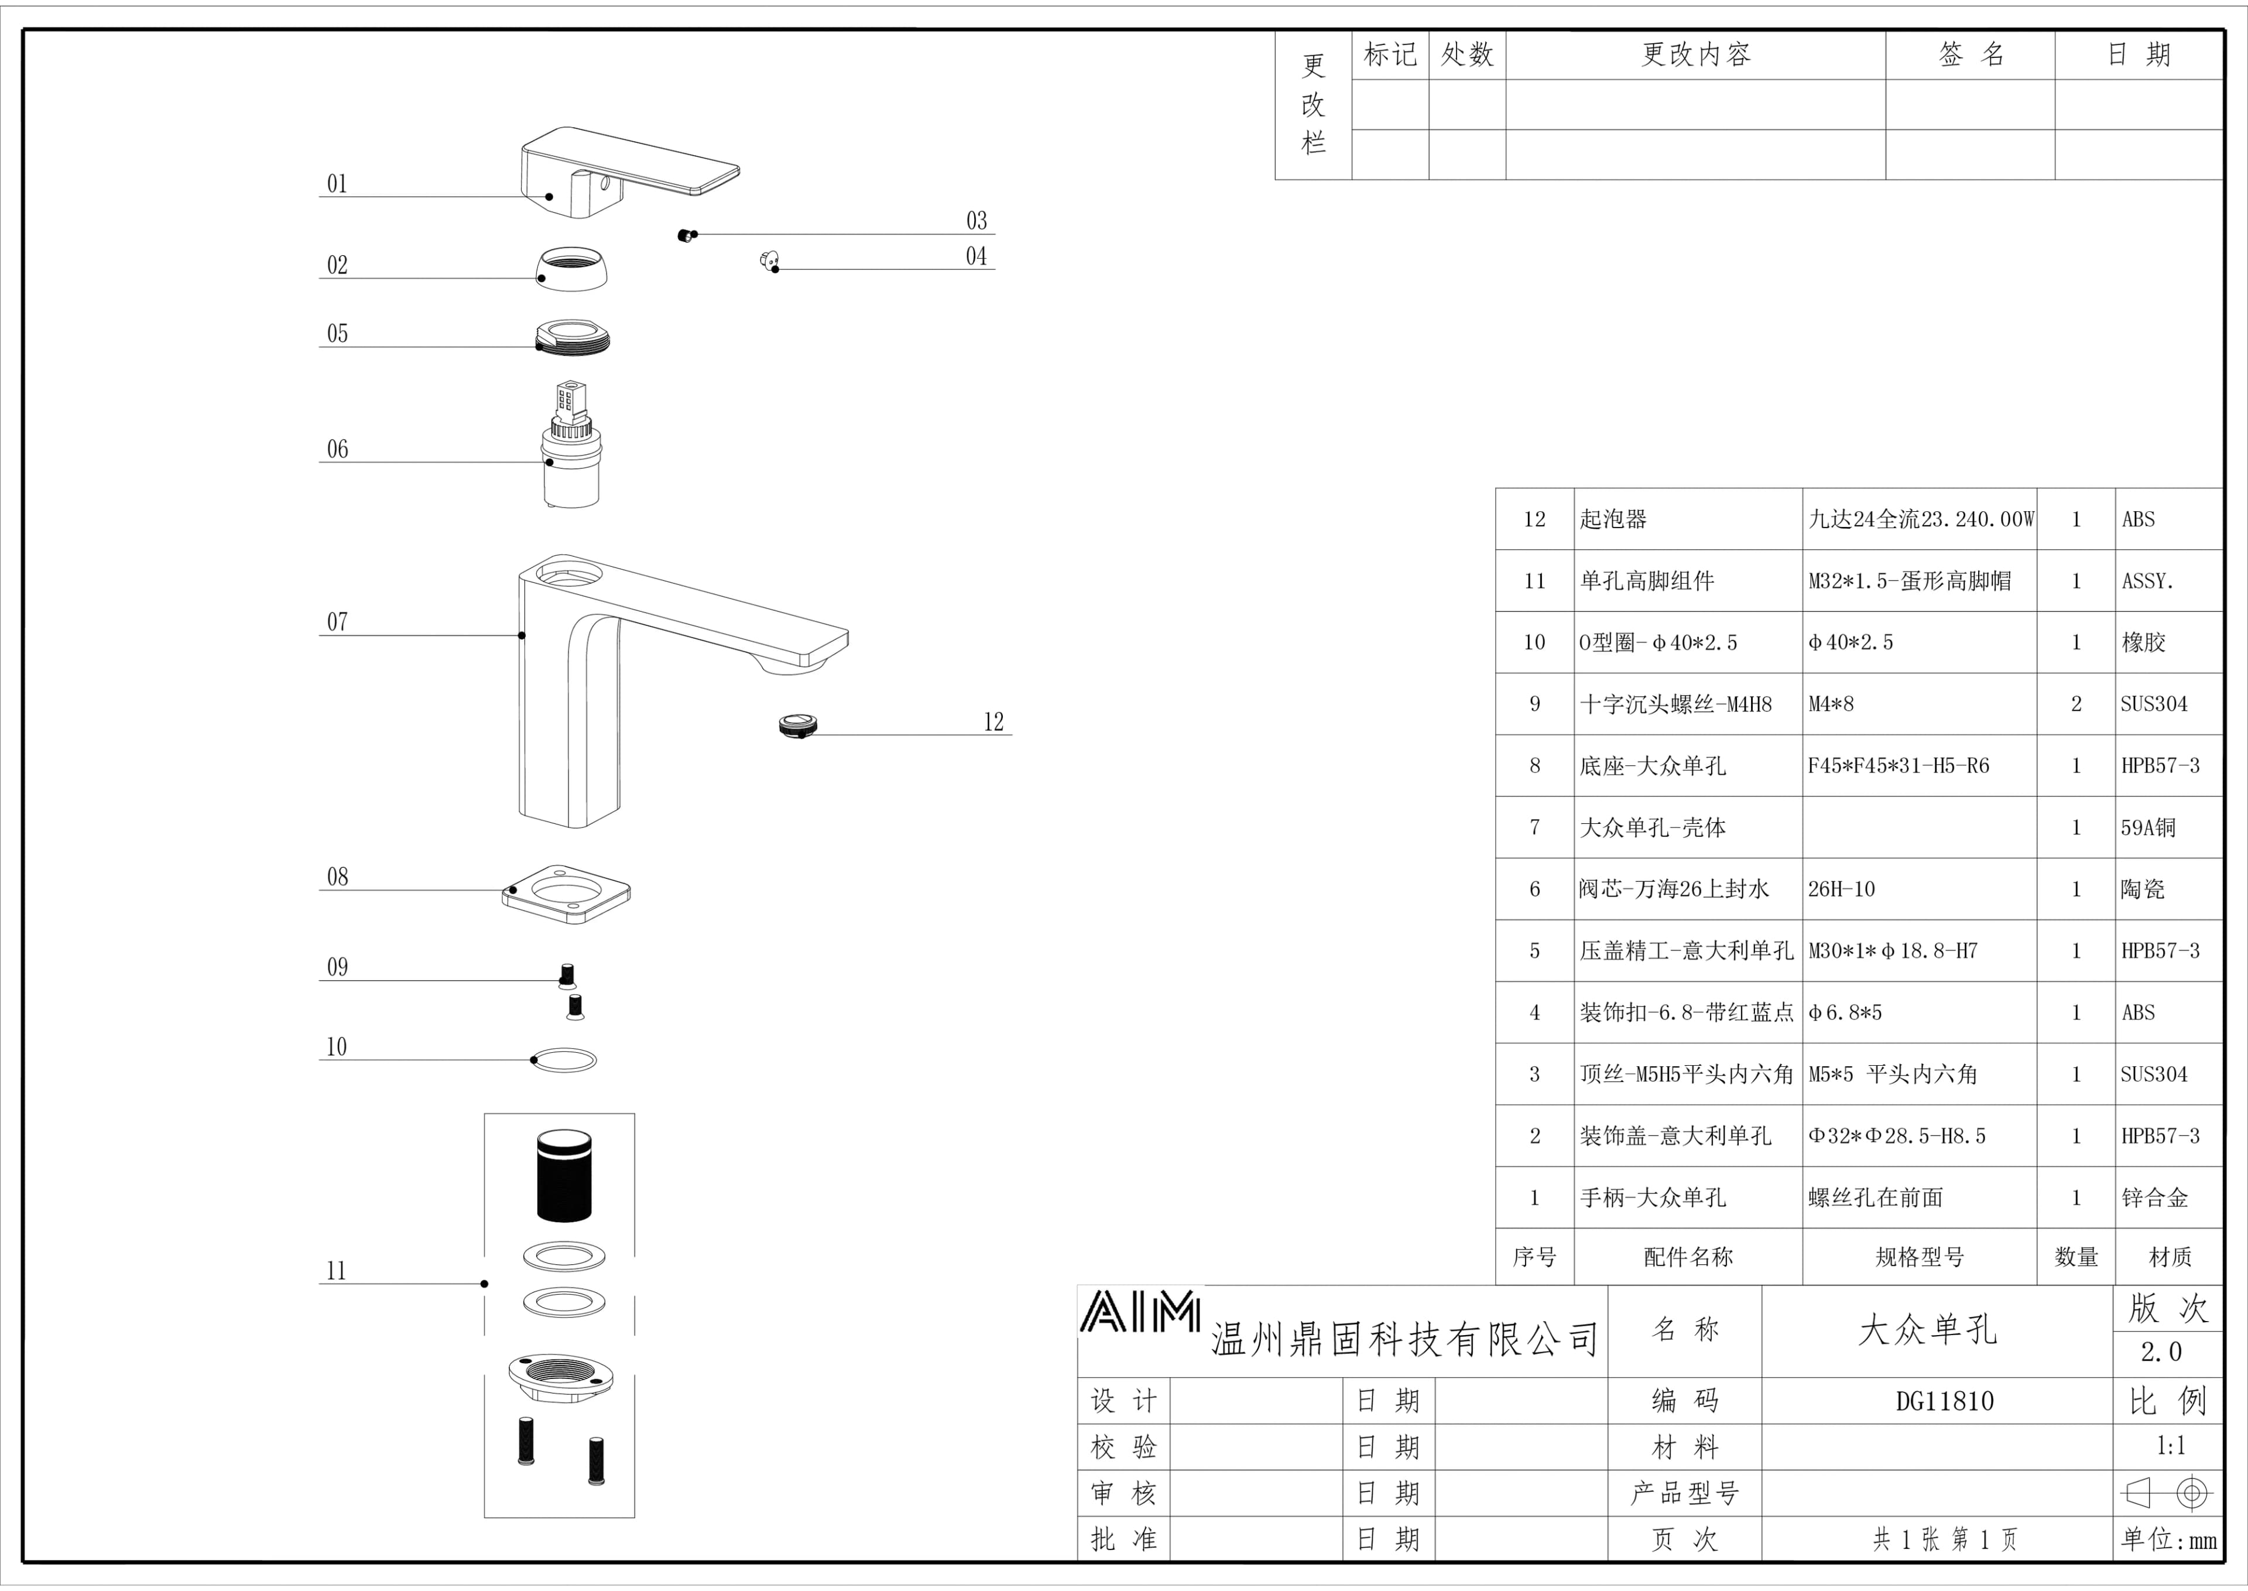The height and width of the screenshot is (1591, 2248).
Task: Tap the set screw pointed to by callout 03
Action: coord(686,235)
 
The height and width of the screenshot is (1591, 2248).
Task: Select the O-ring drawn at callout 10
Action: coord(564,1060)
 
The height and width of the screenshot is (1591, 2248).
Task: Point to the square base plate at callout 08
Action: coord(566,894)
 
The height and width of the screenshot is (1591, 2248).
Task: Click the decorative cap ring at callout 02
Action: coord(571,268)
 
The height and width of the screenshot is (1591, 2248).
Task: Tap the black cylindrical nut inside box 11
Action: coord(564,1176)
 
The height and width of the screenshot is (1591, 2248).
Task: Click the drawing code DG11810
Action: coord(1944,1401)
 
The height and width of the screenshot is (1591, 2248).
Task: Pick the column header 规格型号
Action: coord(1919,1257)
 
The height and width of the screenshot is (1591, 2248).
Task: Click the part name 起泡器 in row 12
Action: coord(1613,519)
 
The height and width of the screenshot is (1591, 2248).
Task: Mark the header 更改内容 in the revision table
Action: coord(1695,55)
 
